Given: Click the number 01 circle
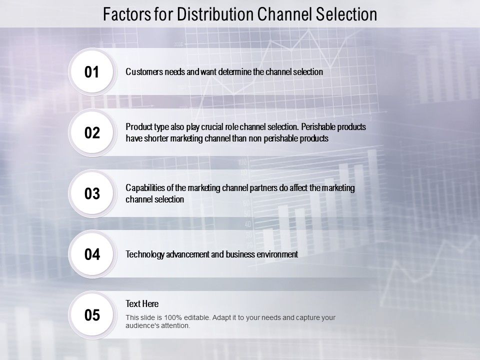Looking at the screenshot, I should (92, 72).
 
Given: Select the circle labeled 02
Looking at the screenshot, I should (92, 133).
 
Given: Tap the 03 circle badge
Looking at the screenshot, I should (92, 194).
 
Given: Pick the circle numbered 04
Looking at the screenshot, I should (92, 254).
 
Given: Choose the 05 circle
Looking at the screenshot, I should (92, 315).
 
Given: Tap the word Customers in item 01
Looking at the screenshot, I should (143, 72).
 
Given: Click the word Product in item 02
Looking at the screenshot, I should (137, 127).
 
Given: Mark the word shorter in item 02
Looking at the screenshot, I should (155, 139).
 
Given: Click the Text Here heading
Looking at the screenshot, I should (142, 303).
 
